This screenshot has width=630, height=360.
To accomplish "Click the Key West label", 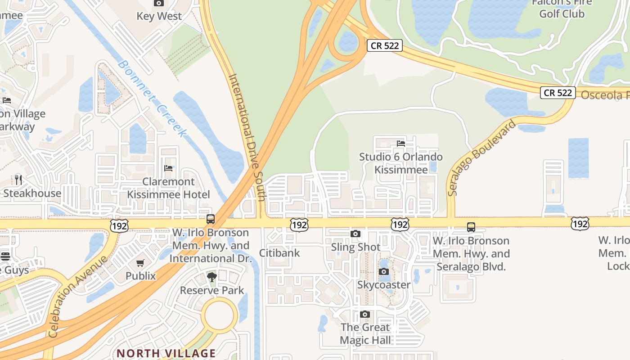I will point(159,16).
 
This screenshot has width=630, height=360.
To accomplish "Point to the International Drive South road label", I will point(247,137).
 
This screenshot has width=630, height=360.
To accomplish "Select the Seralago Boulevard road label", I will point(481,158).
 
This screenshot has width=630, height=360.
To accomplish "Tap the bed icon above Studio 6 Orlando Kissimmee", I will point(401,144).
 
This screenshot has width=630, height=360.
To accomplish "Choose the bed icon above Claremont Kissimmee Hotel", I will point(168,168).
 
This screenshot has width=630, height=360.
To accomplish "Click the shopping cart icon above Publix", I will point(140,263).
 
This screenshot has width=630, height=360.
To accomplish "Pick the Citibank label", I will point(279,253).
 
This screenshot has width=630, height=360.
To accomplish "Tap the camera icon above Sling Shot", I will point(355,234).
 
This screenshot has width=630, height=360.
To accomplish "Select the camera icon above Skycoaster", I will point(384,271).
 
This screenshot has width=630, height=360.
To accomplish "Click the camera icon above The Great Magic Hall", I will point(365,314).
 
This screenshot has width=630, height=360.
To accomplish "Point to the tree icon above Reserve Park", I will point(212,277).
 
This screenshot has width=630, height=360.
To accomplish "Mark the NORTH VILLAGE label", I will point(166,353).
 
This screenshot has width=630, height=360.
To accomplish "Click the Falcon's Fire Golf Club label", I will point(562,9).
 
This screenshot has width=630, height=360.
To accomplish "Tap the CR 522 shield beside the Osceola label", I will point(558,93).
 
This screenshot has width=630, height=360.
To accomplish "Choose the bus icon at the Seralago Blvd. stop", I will point(471,227).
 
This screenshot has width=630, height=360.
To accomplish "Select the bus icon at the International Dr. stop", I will point(211,219).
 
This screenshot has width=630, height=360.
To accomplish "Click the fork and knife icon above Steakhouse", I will point(18,180).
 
